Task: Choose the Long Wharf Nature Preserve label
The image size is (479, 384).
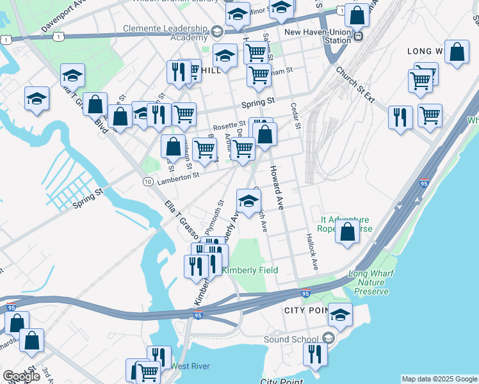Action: [x=368, y=282]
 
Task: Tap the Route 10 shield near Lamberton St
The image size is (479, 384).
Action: [x=147, y=182]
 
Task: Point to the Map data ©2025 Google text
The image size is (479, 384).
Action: [x=439, y=379]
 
